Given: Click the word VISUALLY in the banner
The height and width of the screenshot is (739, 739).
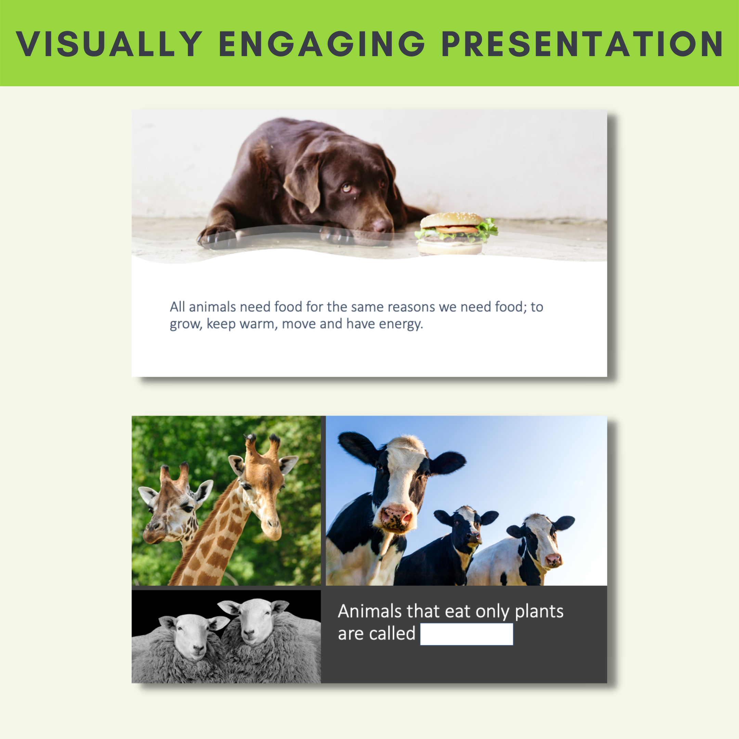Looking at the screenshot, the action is (x=109, y=44).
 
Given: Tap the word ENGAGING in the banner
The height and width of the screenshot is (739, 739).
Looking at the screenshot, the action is (x=322, y=44).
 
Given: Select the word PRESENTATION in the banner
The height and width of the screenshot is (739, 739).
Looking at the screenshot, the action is (x=582, y=44).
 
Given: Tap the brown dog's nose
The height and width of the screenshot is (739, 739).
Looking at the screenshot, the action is (x=382, y=226).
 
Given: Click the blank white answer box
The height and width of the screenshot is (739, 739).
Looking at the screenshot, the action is (x=467, y=634).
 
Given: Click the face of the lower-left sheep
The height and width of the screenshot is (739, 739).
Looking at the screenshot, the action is (x=193, y=637).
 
